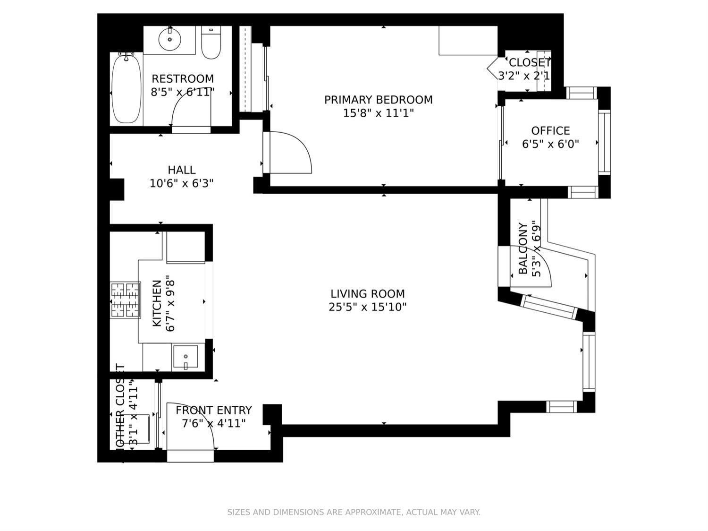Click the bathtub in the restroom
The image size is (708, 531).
126,89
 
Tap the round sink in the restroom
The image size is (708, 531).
169,39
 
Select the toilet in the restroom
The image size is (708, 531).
211,43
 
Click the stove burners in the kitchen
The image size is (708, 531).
125,300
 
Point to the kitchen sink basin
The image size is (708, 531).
185,358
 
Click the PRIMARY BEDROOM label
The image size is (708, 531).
378,100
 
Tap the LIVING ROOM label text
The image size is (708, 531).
367,294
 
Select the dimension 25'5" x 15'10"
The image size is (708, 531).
367,307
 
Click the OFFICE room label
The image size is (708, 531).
550,130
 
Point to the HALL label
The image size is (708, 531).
181,170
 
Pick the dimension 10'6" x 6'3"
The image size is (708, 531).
181,183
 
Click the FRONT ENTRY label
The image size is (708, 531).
213,410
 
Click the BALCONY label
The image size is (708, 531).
523,248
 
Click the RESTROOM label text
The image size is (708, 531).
182,78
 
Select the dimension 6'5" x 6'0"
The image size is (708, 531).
550,144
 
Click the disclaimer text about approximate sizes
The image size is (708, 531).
354,512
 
